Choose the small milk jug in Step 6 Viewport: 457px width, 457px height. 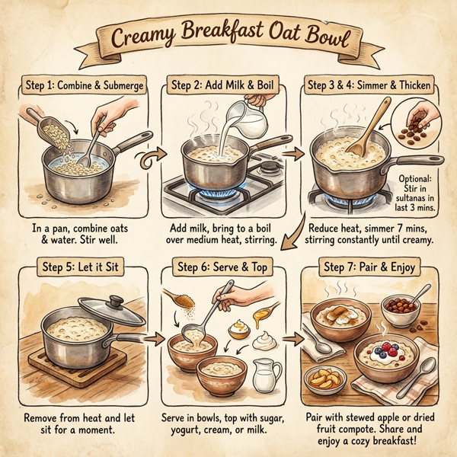point(264,374)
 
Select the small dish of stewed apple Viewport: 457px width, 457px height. point(323,378)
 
